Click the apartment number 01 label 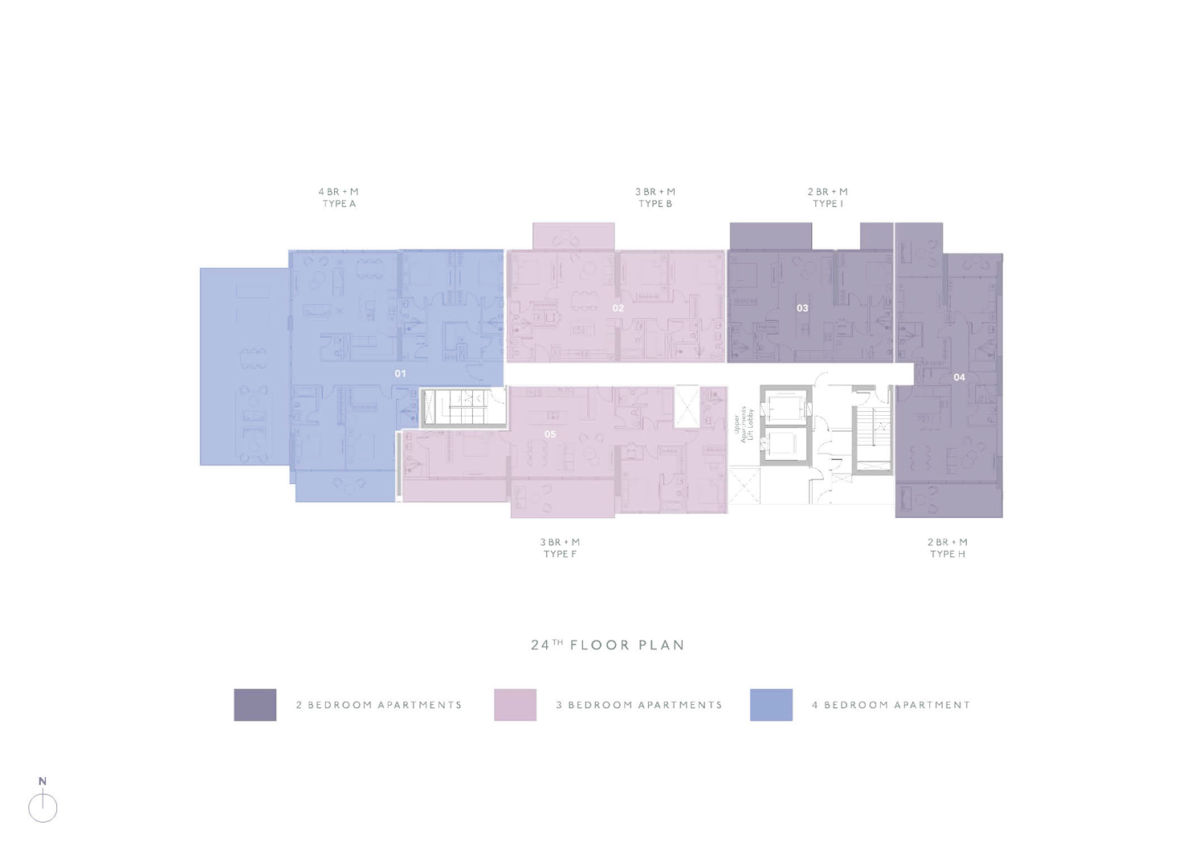click(400, 373)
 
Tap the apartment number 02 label click(618, 307)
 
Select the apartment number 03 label click(801, 307)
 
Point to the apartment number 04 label click(959, 377)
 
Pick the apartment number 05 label click(550, 434)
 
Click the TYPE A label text click(339, 203)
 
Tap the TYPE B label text click(655, 203)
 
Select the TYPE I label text click(828, 203)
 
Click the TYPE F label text click(560, 554)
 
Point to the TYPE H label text click(948, 554)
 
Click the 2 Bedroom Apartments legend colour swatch click(255, 704)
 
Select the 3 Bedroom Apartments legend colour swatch click(515, 704)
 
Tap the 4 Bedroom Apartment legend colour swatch click(771, 704)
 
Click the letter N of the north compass click(43, 781)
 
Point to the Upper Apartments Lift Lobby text click(744, 424)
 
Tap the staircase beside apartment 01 click(463, 408)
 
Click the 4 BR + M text click(338, 192)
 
